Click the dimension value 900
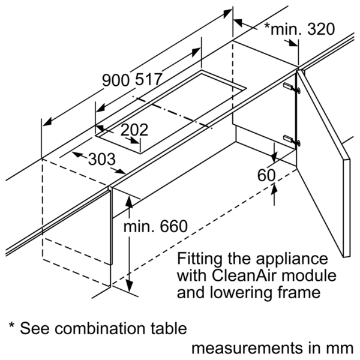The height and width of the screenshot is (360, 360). pos(116,80)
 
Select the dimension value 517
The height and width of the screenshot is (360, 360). pos(148,80)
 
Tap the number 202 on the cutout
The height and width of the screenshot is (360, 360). pos(134,130)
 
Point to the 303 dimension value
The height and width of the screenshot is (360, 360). pos(102,159)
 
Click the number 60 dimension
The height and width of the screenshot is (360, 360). pos(266,175)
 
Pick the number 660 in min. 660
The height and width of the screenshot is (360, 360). pos(174,226)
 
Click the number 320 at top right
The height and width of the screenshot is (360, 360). pos(321,29)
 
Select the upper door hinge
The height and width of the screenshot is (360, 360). pos(292,88)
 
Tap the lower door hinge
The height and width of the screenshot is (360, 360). pos(292,140)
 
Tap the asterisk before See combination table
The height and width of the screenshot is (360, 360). pos(12,326)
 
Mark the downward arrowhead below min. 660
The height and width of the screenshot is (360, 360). pos(129,286)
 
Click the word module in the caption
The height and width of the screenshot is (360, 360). pos(309,275)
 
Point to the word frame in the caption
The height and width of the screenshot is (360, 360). pos(299,293)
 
